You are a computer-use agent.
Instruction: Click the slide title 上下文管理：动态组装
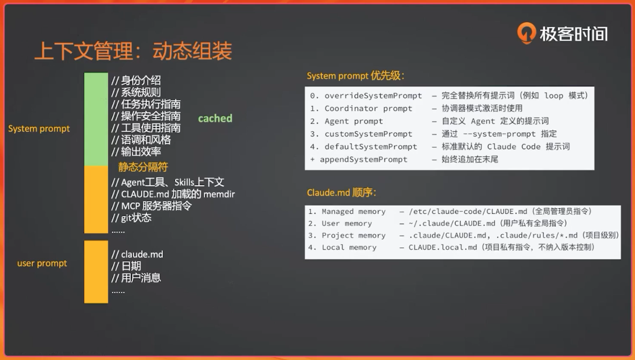pos(133,51)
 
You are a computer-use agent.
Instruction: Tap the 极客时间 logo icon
pos(527,33)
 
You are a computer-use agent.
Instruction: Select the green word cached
pos(215,118)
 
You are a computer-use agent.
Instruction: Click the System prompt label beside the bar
pos(39,129)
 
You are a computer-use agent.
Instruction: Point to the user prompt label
pos(42,264)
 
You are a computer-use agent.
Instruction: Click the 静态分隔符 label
pos(143,167)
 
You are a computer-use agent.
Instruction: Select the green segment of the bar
pos(96,119)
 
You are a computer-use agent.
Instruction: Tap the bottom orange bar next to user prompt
pos(96,272)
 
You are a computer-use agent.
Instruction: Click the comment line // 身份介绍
pos(136,81)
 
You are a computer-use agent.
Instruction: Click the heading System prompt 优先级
pos(355,76)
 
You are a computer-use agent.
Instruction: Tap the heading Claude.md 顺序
pos(342,193)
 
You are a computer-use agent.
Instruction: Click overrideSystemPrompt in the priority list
pos(373,96)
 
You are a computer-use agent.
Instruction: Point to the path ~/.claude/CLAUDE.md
pos(452,224)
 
